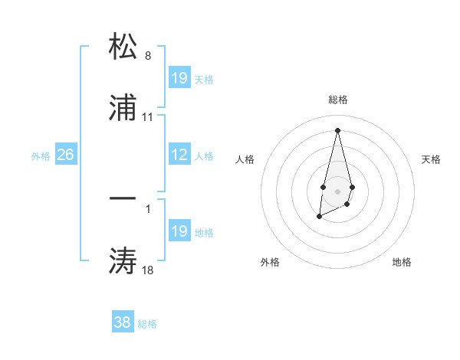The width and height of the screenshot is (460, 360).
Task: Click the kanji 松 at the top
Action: pyautogui.click(x=123, y=46)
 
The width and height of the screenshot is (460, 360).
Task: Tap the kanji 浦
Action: pyautogui.click(x=123, y=110)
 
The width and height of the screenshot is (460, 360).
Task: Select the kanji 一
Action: pyautogui.click(x=123, y=198)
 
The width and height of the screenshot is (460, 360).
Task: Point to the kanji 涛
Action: pyautogui.click(x=123, y=261)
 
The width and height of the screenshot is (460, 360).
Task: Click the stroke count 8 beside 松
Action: pyautogui.click(x=148, y=55)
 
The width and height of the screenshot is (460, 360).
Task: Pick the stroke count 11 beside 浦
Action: pyautogui.click(x=148, y=117)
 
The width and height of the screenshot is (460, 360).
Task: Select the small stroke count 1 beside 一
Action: pyautogui.click(x=148, y=207)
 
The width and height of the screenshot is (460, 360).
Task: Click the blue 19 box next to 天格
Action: pyautogui.click(x=179, y=78)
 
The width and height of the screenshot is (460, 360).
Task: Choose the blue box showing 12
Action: pyautogui.click(x=179, y=155)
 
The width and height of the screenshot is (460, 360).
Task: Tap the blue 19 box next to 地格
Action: pyautogui.click(x=179, y=231)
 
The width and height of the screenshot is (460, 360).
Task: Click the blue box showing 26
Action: pyautogui.click(x=66, y=155)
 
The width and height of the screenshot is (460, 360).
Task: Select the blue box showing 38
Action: pyautogui.click(x=123, y=322)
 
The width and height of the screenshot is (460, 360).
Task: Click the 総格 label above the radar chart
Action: pyautogui.click(x=338, y=100)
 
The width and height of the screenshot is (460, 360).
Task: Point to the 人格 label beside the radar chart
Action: pyautogui.click(x=245, y=159)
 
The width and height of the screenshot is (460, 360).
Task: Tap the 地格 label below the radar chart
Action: pyautogui.click(x=402, y=262)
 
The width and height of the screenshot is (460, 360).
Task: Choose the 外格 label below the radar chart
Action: pyautogui.click(x=270, y=262)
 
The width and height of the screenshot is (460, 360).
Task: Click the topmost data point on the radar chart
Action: pyautogui.click(x=337, y=129)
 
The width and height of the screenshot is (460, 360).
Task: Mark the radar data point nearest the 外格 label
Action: pyautogui.click(x=319, y=218)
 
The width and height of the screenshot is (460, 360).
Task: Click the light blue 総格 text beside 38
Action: pyautogui.click(x=147, y=324)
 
